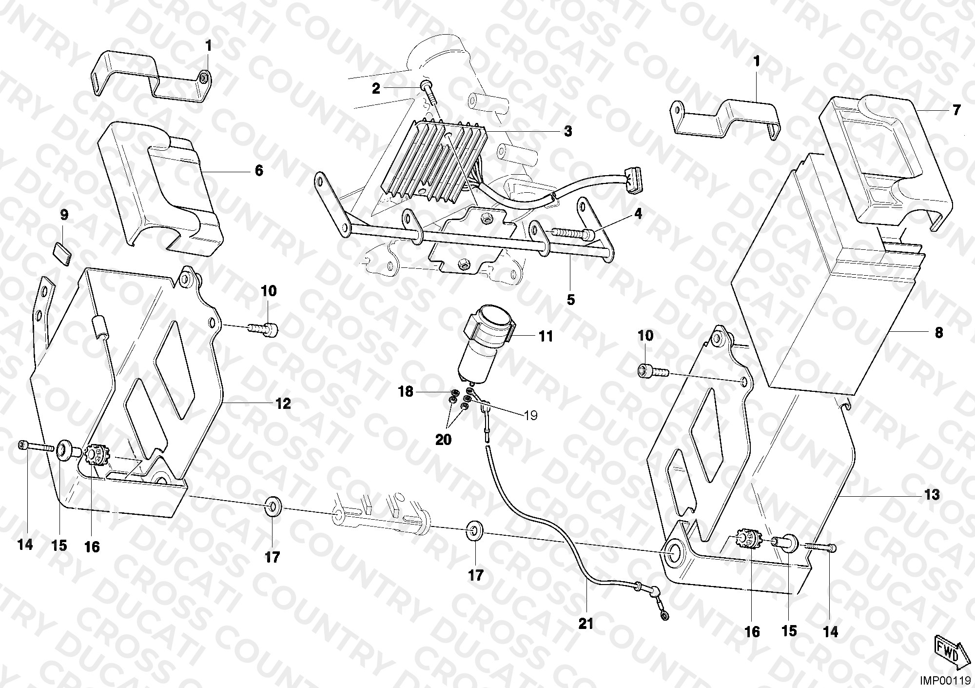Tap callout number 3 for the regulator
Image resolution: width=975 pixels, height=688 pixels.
click(567, 131)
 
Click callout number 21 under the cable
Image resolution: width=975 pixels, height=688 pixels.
click(586, 623)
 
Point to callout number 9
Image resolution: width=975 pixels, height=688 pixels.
click(64, 214)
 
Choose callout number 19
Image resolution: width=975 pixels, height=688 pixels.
click(530, 415)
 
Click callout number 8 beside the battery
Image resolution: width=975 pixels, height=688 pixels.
click(938, 333)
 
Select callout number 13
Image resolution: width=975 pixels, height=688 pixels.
click(932, 495)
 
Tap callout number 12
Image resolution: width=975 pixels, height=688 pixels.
click(283, 404)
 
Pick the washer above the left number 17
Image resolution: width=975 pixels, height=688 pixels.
click(271, 506)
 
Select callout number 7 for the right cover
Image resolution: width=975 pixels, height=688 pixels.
click(956, 110)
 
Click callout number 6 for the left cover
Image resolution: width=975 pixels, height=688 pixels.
click(259, 170)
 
